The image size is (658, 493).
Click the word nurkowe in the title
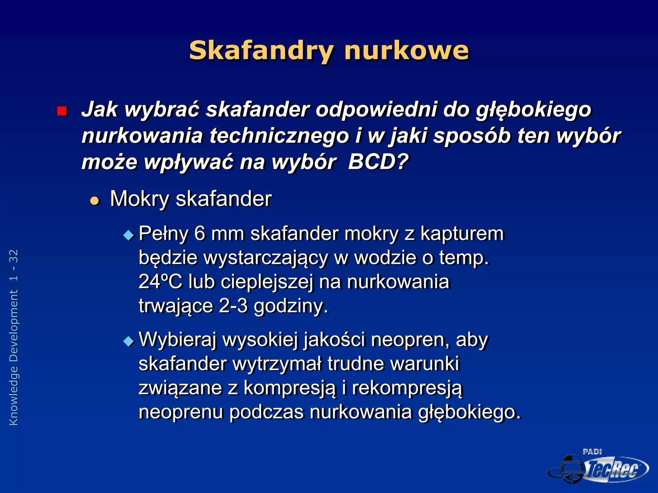[406, 51]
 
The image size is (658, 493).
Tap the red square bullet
[62, 111]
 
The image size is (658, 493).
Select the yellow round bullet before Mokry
[94, 201]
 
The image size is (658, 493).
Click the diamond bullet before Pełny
[129, 236]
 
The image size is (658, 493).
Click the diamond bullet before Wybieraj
[129, 341]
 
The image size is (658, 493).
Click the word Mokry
[139, 199]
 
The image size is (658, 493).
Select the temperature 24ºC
[160, 282]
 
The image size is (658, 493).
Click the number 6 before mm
[200, 233]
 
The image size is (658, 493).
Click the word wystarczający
[265, 258]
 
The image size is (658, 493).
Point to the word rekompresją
[407, 388]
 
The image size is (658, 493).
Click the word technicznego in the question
[279, 136]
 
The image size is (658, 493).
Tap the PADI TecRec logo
[599, 467]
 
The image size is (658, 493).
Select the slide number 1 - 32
[13, 265]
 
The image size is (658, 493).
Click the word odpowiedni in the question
[376, 109]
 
